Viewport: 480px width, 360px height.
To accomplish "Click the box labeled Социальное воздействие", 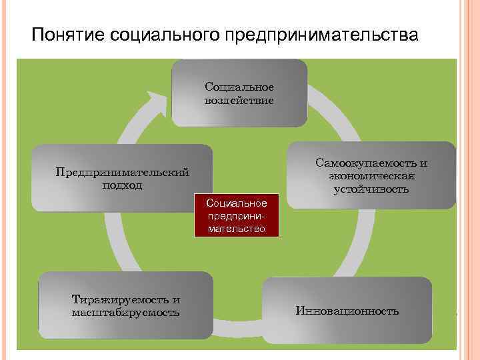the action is click(x=239, y=93).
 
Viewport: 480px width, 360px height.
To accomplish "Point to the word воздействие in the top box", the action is click(x=239, y=100).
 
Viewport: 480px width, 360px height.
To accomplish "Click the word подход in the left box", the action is click(x=122, y=185).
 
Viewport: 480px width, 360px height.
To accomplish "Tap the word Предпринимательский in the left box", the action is click(x=122, y=173).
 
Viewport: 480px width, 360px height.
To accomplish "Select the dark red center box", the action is click(x=237, y=215).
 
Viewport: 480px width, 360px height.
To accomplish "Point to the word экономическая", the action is click(x=371, y=176).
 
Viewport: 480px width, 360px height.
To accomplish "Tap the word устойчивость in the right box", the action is click(x=371, y=189).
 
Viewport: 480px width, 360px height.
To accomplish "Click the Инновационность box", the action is click(x=347, y=311).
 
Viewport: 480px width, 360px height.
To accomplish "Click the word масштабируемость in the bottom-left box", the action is click(x=125, y=312).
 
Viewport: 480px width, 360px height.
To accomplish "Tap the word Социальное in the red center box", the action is click(x=237, y=202).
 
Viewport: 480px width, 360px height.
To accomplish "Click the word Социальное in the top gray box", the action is click(x=239, y=87).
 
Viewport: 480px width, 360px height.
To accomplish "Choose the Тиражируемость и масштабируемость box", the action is click(x=125, y=306).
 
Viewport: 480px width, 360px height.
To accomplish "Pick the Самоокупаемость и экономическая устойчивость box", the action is click(x=371, y=176).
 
